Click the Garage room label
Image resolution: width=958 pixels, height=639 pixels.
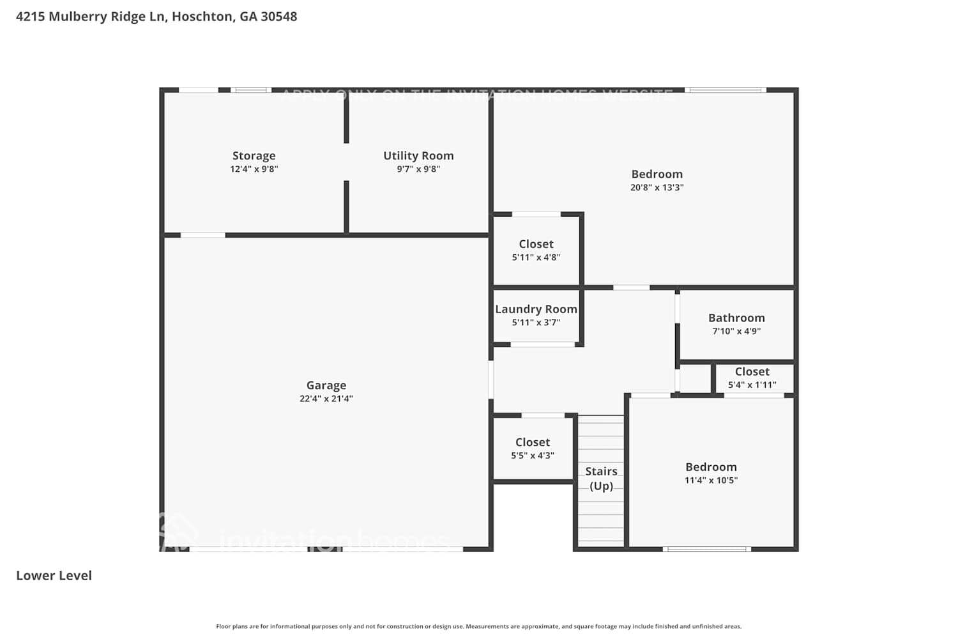(x=326, y=385)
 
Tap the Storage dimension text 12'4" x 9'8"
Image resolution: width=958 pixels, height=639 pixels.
(x=254, y=169)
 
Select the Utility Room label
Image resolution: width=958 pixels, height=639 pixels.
(x=418, y=156)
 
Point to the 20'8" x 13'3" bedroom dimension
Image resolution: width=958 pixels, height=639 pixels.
(x=657, y=188)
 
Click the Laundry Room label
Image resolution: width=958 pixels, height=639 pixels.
(x=536, y=309)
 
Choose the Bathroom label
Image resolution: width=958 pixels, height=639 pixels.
(x=736, y=318)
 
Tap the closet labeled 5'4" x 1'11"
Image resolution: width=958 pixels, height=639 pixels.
(x=752, y=378)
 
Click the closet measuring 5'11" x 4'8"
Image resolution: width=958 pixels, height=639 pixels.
(x=536, y=250)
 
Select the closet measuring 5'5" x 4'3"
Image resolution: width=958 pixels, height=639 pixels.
(x=532, y=448)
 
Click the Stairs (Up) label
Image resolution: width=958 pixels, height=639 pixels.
(x=601, y=478)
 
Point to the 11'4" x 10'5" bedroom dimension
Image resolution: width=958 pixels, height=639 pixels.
(x=711, y=481)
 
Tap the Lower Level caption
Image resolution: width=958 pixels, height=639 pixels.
(x=54, y=575)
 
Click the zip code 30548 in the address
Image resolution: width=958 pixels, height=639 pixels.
(x=278, y=17)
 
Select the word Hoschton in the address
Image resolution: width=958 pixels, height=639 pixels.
(x=202, y=17)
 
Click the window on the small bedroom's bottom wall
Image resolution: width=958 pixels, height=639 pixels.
(x=706, y=549)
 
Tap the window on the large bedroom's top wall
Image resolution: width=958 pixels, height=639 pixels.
(x=726, y=90)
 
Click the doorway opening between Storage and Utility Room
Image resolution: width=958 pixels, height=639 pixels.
(x=346, y=162)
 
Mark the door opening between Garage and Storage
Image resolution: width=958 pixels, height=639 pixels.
(x=202, y=235)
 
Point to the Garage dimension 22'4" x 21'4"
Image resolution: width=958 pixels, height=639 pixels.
(x=326, y=399)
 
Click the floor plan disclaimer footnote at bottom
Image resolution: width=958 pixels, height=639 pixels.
(x=479, y=626)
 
